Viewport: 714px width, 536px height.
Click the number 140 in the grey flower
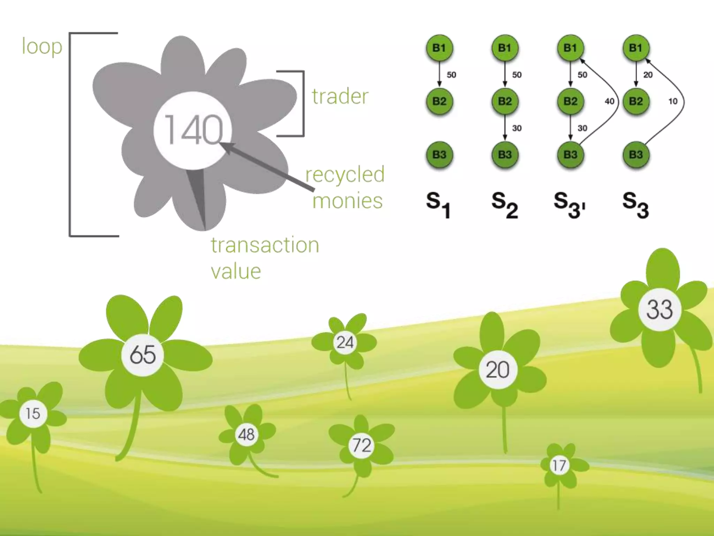[193, 130]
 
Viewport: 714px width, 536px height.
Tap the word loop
[42, 46]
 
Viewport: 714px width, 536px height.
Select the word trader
[340, 96]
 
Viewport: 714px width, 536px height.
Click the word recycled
[345, 174]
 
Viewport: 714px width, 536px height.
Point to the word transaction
[265, 245]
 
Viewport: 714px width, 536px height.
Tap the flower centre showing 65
[143, 355]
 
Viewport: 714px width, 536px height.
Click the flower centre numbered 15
[33, 414]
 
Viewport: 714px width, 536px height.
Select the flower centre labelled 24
[345, 342]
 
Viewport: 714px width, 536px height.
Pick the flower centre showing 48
[246, 434]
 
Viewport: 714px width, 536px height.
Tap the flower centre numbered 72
[362, 445]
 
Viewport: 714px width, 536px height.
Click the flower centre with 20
[497, 370]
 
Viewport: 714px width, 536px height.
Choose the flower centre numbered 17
[559, 465]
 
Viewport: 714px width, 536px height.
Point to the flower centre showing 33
[659, 309]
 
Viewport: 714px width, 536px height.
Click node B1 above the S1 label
[439, 48]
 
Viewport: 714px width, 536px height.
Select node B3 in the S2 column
[505, 155]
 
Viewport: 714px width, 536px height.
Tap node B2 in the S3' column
[570, 101]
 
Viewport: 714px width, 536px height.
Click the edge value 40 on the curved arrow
[609, 101]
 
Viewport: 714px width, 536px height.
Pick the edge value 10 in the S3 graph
[673, 101]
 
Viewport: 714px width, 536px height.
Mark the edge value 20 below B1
[648, 75]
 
